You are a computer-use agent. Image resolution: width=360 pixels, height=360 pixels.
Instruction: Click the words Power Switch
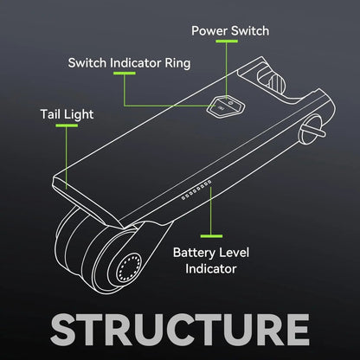pyautogui.click(x=230, y=31)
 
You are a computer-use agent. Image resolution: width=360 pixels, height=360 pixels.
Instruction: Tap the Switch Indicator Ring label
pyautogui.click(x=129, y=63)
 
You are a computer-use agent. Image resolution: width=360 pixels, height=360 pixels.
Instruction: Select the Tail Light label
pyautogui.click(x=67, y=114)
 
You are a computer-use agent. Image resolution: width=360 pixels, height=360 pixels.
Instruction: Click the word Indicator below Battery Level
pyautogui.click(x=211, y=269)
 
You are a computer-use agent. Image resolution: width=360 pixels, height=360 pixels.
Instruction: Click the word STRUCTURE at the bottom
pyautogui.click(x=180, y=330)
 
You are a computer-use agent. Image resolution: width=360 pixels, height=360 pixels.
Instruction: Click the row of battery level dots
pyautogui.click(x=196, y=190)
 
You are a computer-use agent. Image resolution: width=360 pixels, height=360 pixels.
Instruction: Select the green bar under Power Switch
pyautogui.click(x=227, y=42)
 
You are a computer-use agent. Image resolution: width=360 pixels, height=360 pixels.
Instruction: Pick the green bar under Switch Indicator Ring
pyautogui.click(x=125, y=74)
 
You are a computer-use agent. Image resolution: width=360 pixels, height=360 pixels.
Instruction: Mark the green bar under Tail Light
pyautogui.click(x=67, y=125)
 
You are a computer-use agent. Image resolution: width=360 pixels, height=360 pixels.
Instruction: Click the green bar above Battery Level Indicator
pyautogui.click(x=211, y=236)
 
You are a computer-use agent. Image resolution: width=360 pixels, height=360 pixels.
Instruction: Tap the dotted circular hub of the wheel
pyautogui.click(x=129, y=268)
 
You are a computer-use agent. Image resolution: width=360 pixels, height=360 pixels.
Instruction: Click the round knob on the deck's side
pyautogui.click(x=312, y=130)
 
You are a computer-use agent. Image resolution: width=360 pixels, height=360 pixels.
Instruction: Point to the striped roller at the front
pyautogui.click(x=276, y=82)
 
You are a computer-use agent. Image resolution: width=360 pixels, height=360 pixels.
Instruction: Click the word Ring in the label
pyautogui.click(x=177, y=63)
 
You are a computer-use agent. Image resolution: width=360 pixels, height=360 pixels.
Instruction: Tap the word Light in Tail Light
pyautogui.click(x=79, y=115)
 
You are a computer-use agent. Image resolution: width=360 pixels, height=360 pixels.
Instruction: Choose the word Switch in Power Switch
pyautogui.click(x=250, y=31)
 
